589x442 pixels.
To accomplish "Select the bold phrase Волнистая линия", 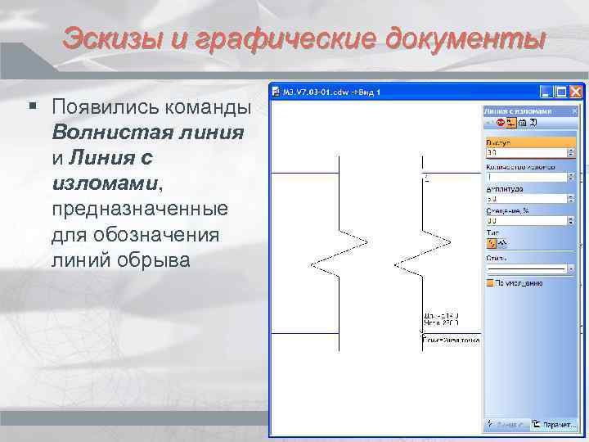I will coord(147,132).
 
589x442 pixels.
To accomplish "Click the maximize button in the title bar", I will coord(562,91).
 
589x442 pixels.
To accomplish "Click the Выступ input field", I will coord(528,152).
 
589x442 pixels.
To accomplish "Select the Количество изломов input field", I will coord(528,176).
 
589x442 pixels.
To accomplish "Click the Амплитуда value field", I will coord(528,199).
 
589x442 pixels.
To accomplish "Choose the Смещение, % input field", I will coord(528,221).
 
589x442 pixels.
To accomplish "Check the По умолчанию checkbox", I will coord(491,282).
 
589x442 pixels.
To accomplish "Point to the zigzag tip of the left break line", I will coord(312,264).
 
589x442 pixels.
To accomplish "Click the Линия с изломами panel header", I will coord(519,110).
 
